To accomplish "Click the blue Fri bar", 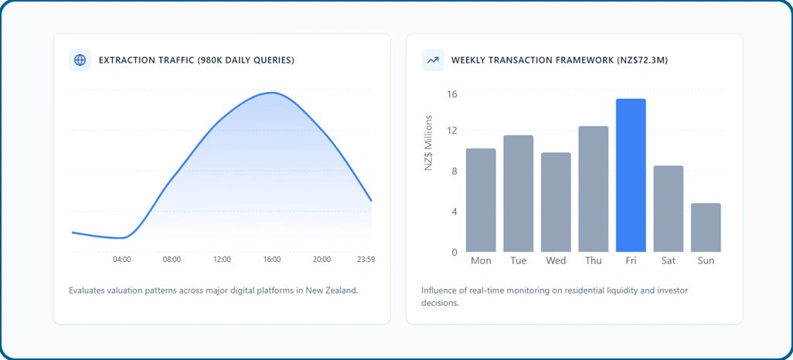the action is (631, 175).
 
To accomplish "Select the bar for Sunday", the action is (706, 228).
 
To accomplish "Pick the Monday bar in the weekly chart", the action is (481, 200).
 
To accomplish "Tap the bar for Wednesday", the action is (556, 202).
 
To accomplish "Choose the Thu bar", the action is (594, 188).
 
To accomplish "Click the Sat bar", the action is (668, 209).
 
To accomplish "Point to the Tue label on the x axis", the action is (519, 261).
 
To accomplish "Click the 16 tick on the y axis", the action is (451, 94).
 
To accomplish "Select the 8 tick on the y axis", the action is (454, 171).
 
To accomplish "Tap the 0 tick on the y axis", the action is (454, 252).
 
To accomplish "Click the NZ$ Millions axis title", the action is (429, 143).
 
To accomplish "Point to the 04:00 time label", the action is (122, 260).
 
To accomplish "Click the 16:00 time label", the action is (271, 260).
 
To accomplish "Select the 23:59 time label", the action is (365, 260).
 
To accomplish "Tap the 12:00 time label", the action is (222, 260).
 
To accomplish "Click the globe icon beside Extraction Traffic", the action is (80, 60).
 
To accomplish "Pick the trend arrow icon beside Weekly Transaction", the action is (432, 60).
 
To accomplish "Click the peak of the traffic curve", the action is (272, 93).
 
